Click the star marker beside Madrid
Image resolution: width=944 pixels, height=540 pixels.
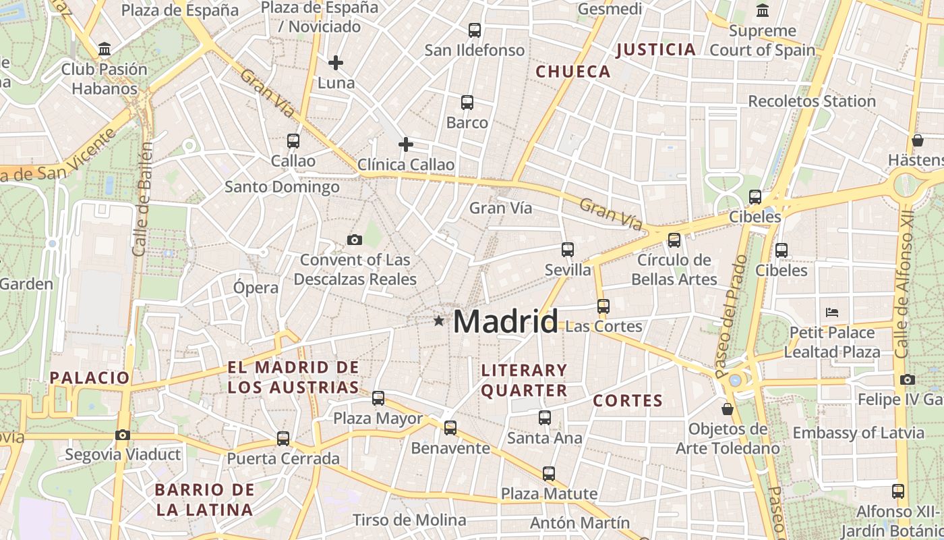click(439, 321)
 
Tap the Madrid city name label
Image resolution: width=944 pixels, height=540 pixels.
click(506, 321)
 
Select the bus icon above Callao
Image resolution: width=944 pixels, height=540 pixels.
click(293, 140)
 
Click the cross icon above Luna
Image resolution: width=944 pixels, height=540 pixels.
click(336, 63)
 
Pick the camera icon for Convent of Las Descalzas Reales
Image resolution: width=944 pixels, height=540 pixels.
click(354, 240)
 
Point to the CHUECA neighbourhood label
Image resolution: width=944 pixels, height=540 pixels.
click(572, 72)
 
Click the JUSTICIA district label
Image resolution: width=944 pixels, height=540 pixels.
click(655, 49)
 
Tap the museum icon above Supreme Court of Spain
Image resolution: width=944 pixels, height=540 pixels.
click(763, 11)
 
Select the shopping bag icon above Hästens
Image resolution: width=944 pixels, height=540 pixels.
click(917, 140)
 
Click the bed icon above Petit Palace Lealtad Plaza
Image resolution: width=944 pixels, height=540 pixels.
click(832, 312)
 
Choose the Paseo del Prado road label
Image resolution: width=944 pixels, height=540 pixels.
click(730, 316)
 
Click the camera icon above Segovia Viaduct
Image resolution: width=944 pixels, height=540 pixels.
click(122, 435)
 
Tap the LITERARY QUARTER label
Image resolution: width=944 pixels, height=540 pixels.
click(524, 380)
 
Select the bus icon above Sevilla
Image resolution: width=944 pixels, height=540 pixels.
click(568, 249)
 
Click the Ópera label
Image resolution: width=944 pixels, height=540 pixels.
click(256, 288)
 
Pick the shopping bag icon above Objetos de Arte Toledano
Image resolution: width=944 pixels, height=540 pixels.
click(727, 408)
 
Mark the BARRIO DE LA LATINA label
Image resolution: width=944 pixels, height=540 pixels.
click(204, 500)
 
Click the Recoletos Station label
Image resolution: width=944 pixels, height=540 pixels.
click(812, 101)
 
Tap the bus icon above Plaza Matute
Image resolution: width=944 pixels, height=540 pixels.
click(549, 473)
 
